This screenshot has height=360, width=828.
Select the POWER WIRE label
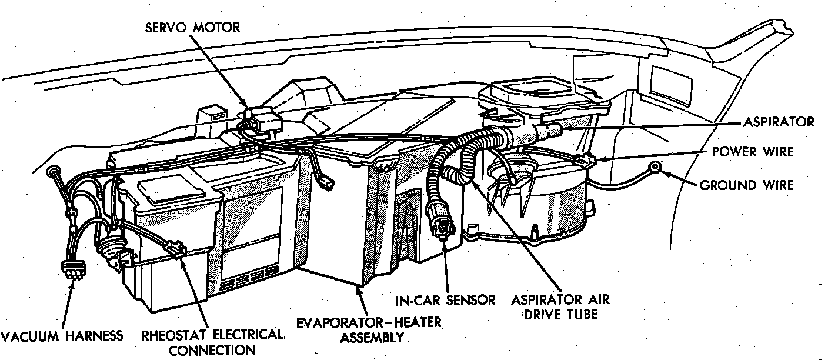pos(753,152)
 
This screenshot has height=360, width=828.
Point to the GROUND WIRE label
pos(746,185)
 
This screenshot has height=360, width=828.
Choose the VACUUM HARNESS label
pos(62,336)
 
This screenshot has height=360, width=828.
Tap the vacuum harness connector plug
pos(72,272)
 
